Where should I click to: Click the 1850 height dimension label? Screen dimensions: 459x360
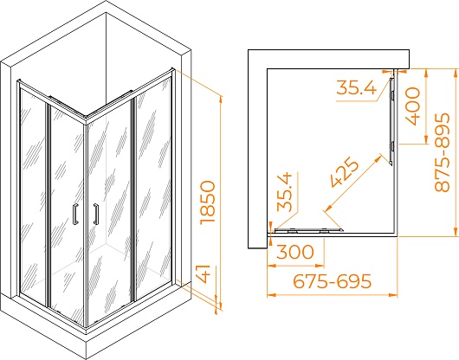pyautogui.click(x=208, y=202)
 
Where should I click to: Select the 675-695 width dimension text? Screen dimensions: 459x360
pyautogui.click(x=333, y=281)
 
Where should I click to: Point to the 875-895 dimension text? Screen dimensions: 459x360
pyautogui.click(x=442, y=152)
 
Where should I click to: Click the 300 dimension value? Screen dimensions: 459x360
pyautogui.click(x=295, y=252)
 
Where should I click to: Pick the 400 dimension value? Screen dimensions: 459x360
pyautogui.click(x=412, y=106)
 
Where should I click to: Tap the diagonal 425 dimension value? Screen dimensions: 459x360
pyautogui.click(x=345, y=172)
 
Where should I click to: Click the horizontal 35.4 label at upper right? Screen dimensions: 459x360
pyautogui.click(x=356, y=87)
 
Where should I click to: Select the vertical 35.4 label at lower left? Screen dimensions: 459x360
pyautogui.click(x=285, y=192)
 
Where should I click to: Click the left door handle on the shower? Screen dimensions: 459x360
pyautogui.click(x=75, y=214)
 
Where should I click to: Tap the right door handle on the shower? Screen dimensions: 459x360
pyautogui.click(x=96, y=214)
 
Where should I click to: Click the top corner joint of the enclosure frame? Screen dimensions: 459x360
pyautogui.click(x=86, y=118)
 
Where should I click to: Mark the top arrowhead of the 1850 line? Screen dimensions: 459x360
pyautogui.click(x=221, y=100)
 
